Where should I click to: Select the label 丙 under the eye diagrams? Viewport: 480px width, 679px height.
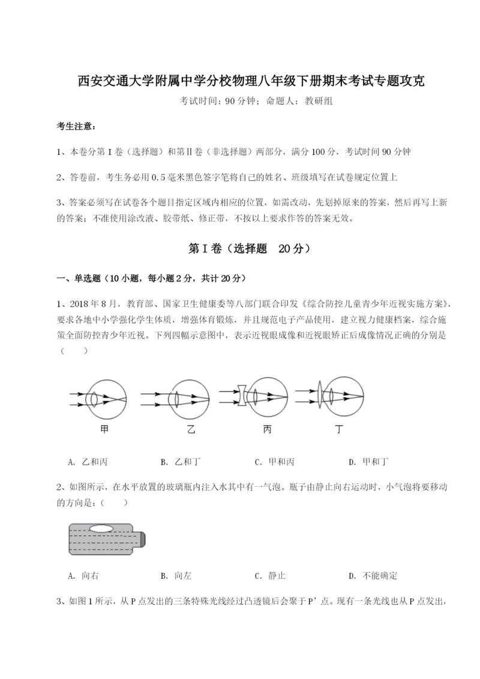point(266,430)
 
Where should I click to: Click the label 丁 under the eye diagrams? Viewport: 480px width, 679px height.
point(340,430)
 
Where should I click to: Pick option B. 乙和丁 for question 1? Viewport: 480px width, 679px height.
point(181,462)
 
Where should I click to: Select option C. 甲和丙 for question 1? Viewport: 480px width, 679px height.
point(274,462)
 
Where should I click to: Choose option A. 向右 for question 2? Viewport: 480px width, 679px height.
point(83,576)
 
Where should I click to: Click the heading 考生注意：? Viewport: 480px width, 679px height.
point(76,127)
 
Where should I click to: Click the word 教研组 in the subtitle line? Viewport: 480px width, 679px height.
point(319,101)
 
